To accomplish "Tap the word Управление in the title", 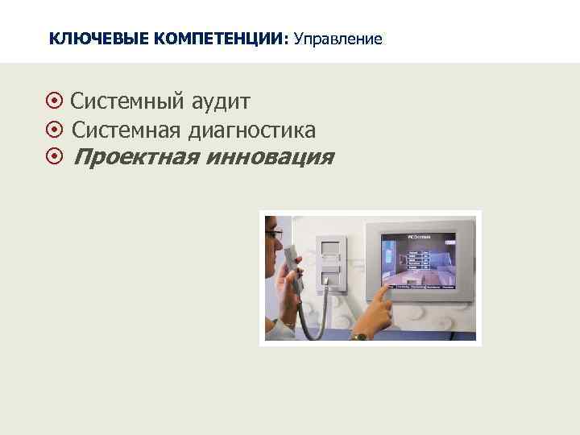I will point(339,38).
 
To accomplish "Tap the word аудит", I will point(221,103).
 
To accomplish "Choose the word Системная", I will point(127,130).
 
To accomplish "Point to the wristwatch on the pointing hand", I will point(359,335).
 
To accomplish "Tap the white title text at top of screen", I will point(419,237).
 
